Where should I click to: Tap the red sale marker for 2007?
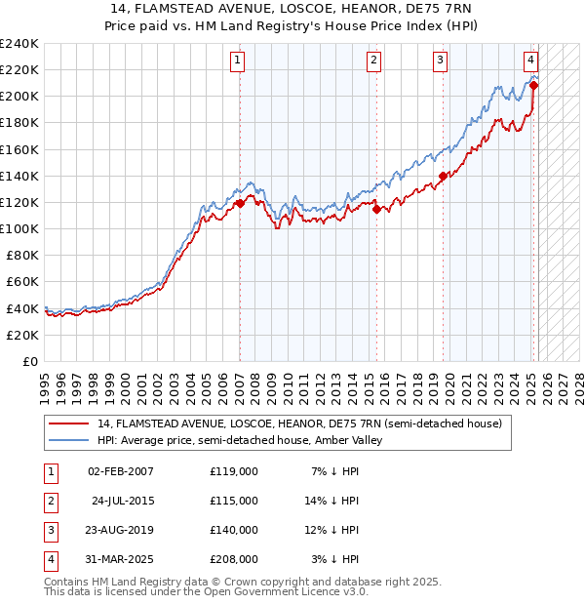240,203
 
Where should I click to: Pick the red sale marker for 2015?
376,208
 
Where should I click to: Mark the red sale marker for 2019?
443,176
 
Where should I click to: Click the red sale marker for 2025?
533,86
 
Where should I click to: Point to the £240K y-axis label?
19,44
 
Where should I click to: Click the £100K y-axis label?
19,228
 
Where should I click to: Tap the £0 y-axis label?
29,361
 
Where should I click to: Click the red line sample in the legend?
68,423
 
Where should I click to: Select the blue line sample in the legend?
68,440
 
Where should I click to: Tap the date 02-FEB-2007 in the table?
121,471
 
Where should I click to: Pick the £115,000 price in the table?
234,501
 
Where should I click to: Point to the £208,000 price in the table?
234,559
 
